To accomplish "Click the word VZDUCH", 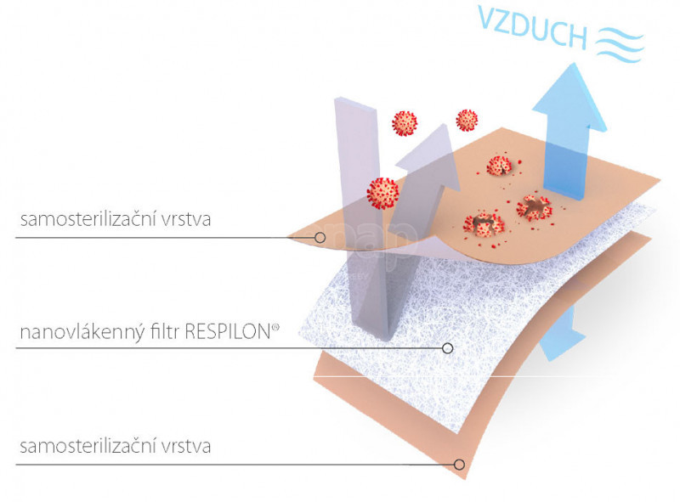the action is tap(533, 26).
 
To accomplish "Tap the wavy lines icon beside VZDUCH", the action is tap(620, 44).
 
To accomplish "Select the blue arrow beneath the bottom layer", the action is tap(562, 333).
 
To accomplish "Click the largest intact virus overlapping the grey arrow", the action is tap(382, 194).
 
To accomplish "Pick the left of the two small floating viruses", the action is tap(405, 123).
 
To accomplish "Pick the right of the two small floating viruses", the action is tap(467, 120).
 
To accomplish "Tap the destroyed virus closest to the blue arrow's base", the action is tap(534, 207).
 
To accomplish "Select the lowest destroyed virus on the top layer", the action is tap(484, 223).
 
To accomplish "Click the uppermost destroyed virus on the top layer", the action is tap(500, 166).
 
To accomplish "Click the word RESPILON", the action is tap(228, 331).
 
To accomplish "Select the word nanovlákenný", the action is tap(82, 333).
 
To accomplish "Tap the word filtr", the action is tap(165, 331).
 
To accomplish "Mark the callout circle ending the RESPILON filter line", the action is tap(448, 347).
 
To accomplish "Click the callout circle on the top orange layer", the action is tap(320, 238).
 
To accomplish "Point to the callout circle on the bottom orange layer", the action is tap(459, 465).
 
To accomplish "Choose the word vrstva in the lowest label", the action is tap(186, 446).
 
